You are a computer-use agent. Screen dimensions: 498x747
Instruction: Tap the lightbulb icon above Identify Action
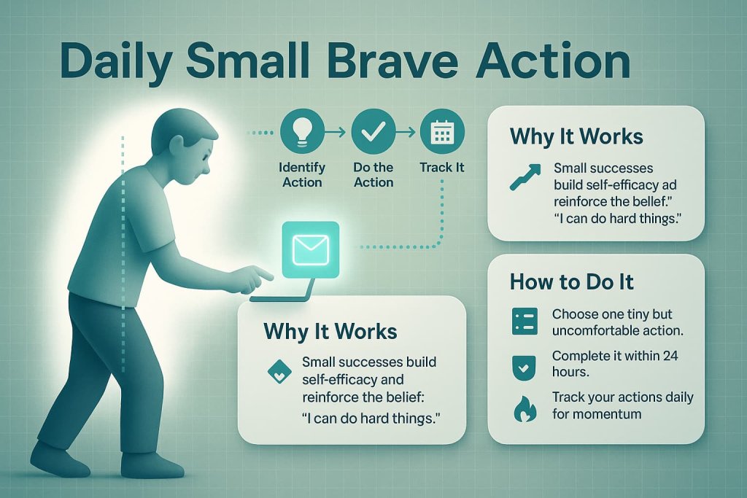pyautogui.click(x=301, y=133)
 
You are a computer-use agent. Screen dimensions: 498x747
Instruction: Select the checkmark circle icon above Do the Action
pyautogui.click(x=373, y=133)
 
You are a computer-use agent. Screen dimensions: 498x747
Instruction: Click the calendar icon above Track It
pyautogui.click(x=442, y=133)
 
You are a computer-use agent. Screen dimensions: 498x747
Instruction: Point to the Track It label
pyautogui.click(x=442, y=167)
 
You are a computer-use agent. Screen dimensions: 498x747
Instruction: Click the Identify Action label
pyautogui.click(x=301, y=174)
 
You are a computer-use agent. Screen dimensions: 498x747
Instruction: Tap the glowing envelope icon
pyautogui.click(x=310, y=250)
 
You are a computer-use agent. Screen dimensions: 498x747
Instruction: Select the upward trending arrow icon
pyautogui.click(x=525, y=177)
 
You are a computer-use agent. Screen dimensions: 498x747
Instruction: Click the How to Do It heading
pyautogui.click(x=572, y=281)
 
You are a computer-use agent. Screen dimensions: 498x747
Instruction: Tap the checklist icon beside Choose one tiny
pyautogui.click(x=525, y=321)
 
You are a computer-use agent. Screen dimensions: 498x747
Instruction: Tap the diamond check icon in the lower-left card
pyautogui.click(x=279, y=373)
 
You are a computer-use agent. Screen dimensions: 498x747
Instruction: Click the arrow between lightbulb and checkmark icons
pyautogui.click(x=337, y=133)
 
